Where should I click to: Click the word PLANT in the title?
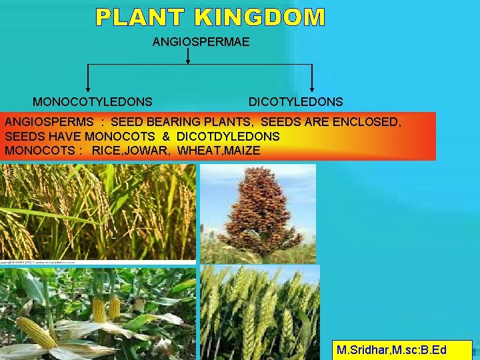pyautogui.click(x=138, y=17)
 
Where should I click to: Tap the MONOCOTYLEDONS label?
pyautogui.click(x=92, y=102)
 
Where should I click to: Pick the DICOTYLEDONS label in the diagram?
pyautogui.click(x=295, y=102)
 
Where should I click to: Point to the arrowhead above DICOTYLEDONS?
pyautogui.click(x=312, y=88)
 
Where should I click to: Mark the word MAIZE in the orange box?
pyautogui.click(x=243, y=151)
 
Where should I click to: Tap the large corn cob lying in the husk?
pyautogui.click(x=36, y=333)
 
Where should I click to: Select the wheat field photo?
pyautogui.click(x=260, y=310)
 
